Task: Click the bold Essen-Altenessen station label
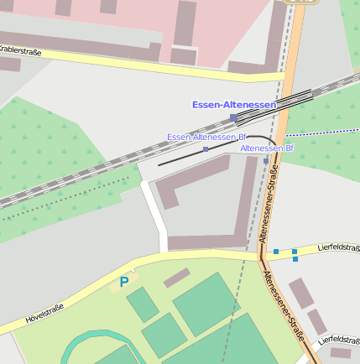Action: click(233, 105)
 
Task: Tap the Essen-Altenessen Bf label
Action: click(206, 137)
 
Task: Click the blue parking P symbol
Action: click(124, 282)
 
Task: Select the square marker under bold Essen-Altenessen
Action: click(233, 117)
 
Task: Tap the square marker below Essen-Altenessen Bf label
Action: click(206, 149)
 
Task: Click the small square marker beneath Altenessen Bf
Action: click(266, 160)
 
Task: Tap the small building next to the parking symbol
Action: click(176, 278)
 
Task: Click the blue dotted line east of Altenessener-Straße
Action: click(323, 132)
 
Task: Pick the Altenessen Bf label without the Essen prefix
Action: click(267, 148)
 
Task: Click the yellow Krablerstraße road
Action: click(126, 60)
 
